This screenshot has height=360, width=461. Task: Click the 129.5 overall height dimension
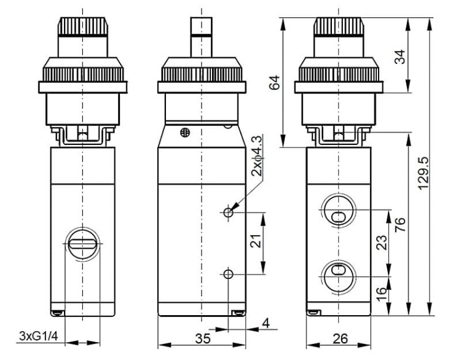point(424,173)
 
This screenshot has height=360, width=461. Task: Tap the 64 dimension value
point(275,82)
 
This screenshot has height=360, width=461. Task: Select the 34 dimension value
point(400,57)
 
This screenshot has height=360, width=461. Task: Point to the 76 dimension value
point(400,225)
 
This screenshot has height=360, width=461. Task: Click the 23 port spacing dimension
point(382,243)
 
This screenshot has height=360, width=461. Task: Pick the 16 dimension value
point(381,294)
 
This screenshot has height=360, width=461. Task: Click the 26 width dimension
point(340,338)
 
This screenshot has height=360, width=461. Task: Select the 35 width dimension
point(203,338)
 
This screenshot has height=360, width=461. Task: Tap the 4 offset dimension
point(266,323)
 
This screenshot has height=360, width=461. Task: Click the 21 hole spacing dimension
point(256,241)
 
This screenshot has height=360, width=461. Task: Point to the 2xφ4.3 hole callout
point(257,156)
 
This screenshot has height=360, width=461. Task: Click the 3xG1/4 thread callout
point(39,335)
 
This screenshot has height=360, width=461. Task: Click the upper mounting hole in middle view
point(228,212)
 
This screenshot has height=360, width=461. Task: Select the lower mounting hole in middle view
point(228,274)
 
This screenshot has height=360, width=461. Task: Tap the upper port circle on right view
point(339,210)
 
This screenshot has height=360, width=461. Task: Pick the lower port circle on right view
point(339,276)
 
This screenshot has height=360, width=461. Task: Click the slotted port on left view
point(82,244)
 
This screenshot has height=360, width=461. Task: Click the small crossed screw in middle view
point(185,133)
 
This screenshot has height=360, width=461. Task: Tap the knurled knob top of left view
point(83,27)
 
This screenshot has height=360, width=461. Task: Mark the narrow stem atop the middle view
point(202,37)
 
